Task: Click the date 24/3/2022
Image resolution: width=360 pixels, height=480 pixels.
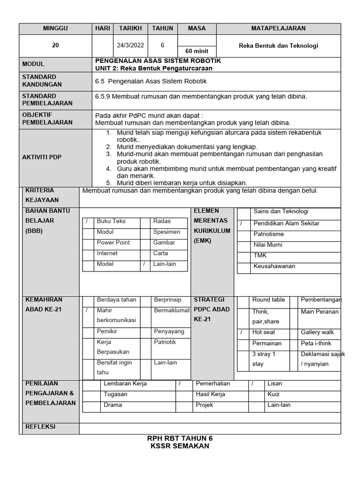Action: [130, 46]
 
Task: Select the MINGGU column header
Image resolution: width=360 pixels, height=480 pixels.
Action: [55, 29]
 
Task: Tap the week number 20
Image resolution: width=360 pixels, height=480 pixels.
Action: [55, 46]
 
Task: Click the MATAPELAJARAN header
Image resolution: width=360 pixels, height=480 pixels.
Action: [278, 29]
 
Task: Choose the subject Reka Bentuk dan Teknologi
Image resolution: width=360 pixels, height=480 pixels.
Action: [278, 46]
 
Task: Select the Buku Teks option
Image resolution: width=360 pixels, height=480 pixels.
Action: [111, 221]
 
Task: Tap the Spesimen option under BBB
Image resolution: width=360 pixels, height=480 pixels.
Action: [166, 232]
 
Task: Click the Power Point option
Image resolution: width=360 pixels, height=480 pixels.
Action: [113, 243]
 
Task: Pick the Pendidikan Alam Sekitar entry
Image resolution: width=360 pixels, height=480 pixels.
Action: [286, 224]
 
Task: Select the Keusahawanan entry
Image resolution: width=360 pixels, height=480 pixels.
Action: [274, 266]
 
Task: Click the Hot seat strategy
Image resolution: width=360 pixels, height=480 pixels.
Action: [263, 332]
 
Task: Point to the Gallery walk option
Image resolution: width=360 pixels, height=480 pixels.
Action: [317, 332]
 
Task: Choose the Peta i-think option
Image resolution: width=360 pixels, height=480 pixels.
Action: [316, 344]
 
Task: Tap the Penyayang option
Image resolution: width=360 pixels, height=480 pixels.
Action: [169, 331]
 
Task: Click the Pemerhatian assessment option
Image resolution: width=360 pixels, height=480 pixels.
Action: [213, 383]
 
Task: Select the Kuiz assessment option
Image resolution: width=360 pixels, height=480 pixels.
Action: [274, 394]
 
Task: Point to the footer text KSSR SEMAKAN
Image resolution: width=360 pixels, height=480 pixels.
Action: [180, 446]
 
